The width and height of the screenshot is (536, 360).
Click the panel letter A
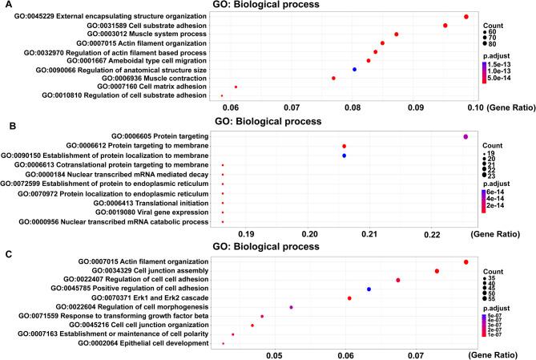[x=6, y=5]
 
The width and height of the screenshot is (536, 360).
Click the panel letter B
[x=6, y=125]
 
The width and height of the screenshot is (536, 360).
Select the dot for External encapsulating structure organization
[x=466, y=17]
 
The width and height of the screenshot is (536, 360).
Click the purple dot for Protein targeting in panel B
[x=465, y=137]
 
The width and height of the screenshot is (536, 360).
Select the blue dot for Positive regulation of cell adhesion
[x=369, y=289]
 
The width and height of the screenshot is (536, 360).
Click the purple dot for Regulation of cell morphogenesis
[x=291, y=307]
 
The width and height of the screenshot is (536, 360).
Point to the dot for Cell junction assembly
[x=437, y=271]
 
